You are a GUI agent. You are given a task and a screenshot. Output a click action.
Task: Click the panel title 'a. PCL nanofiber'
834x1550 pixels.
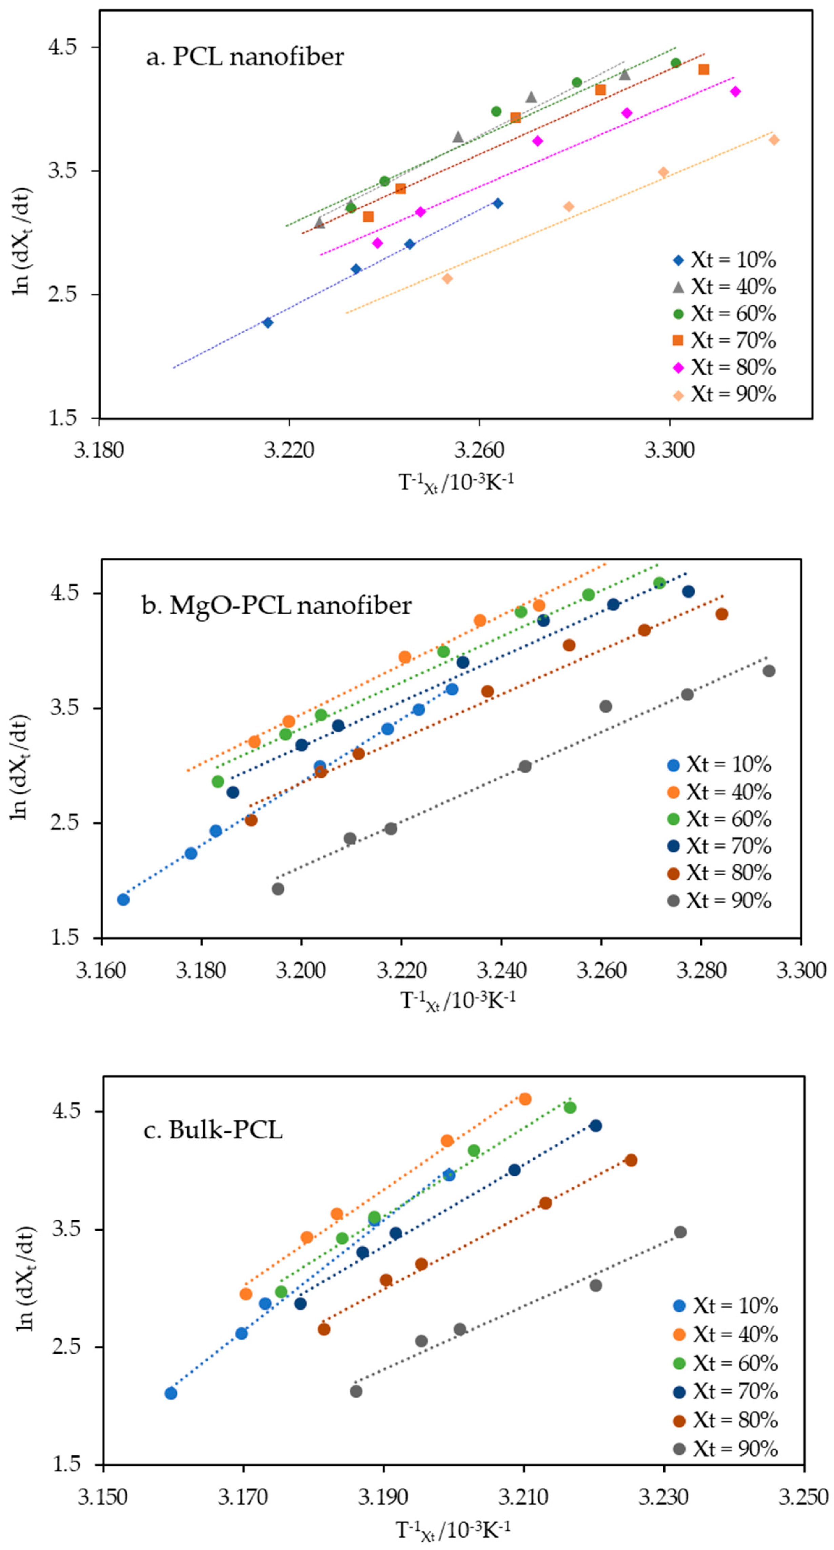245,57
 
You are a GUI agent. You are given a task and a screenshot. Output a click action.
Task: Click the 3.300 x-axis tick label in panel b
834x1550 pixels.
800,970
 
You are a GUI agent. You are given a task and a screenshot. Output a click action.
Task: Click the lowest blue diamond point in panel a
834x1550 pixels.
268,322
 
